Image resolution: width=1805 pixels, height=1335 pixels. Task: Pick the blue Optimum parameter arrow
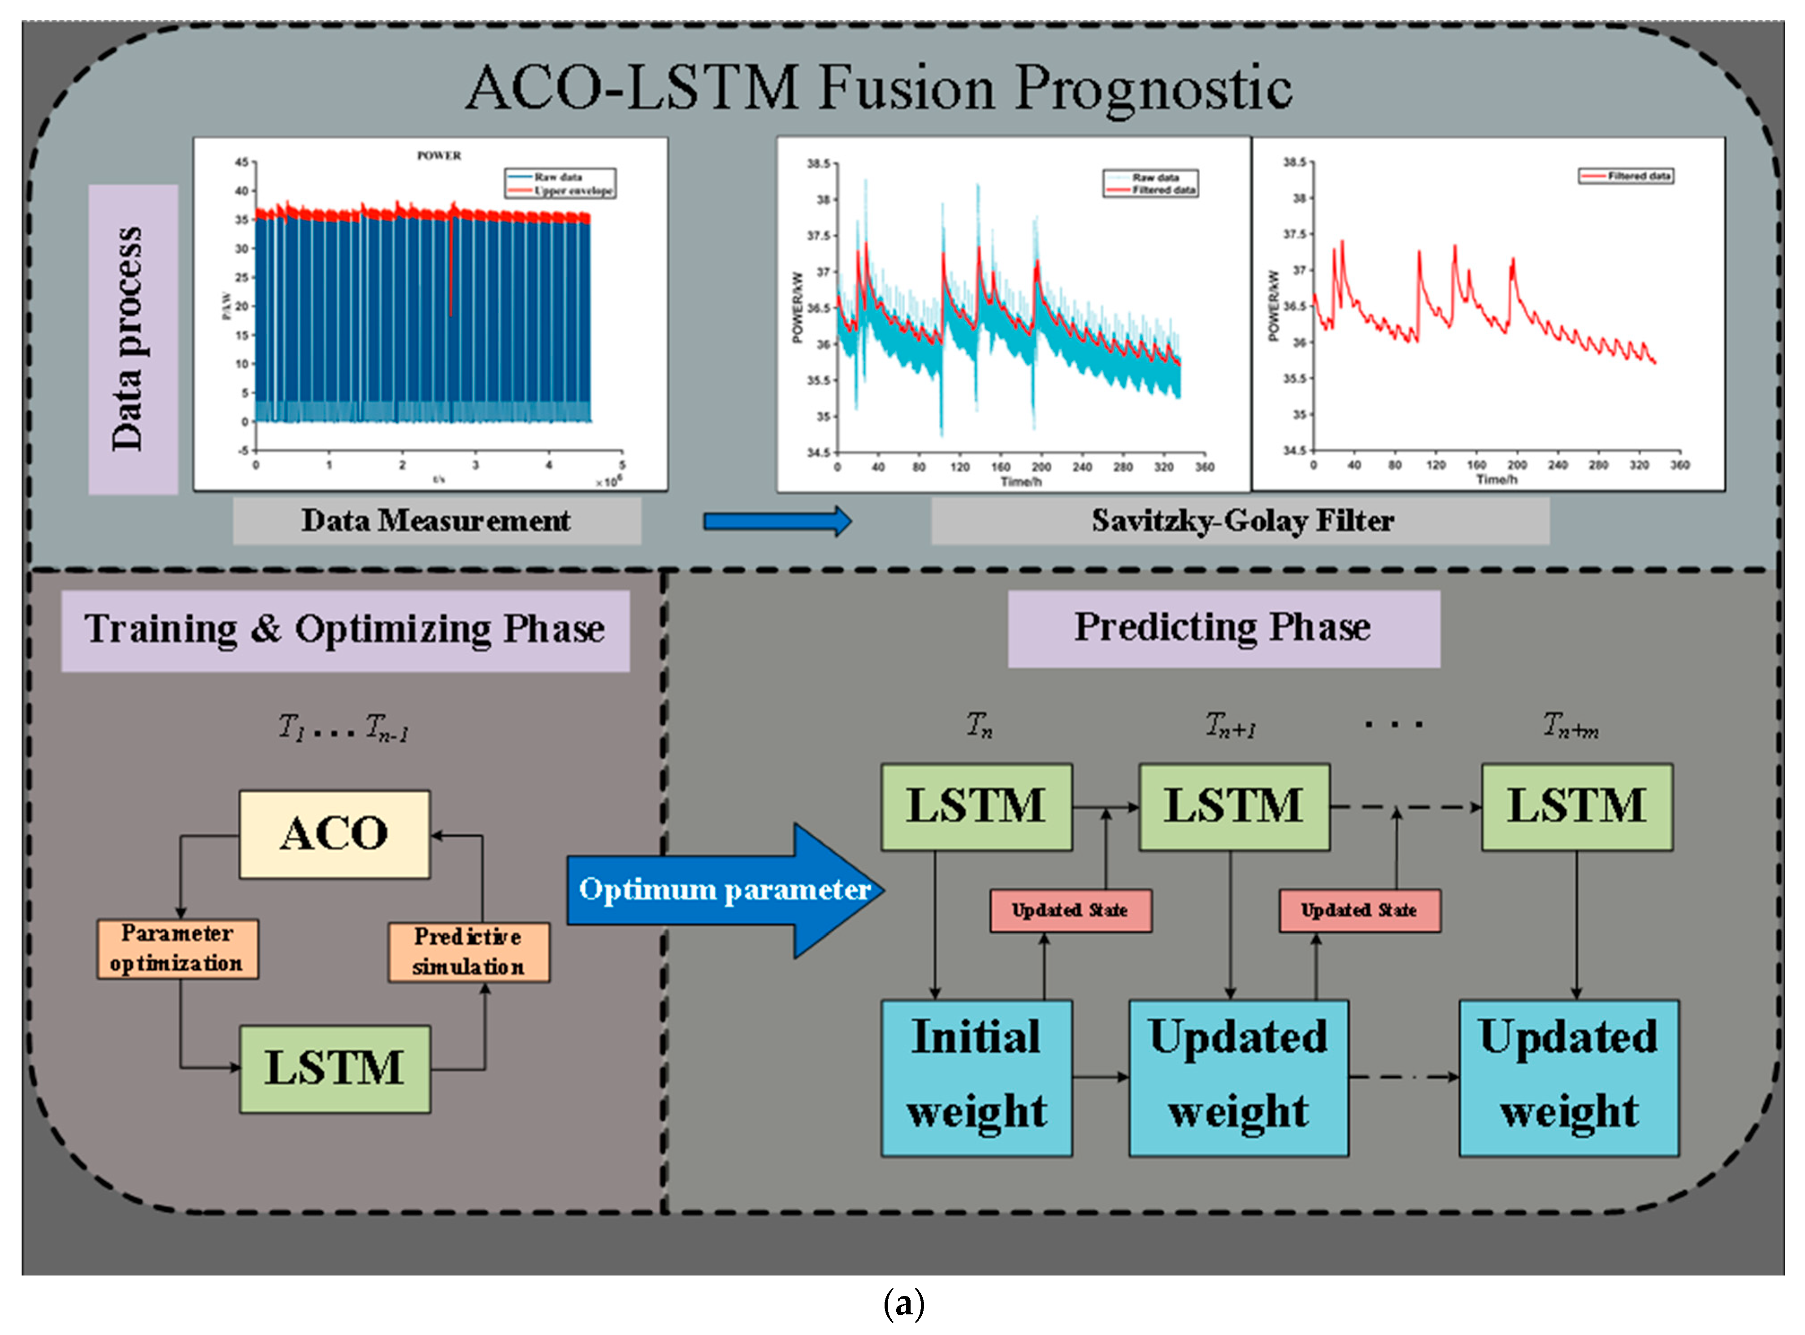point(724,890)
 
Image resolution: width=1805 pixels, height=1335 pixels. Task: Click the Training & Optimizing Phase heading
point(345,630)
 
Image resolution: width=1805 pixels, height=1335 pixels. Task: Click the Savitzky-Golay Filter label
point(1241,520)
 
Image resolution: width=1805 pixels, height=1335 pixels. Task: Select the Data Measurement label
point(437,520)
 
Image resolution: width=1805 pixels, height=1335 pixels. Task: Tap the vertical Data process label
point(132,339)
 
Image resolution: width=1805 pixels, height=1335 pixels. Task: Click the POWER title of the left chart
point(439,155)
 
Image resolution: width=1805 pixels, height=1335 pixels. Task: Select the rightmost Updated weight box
point(1568,1077)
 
